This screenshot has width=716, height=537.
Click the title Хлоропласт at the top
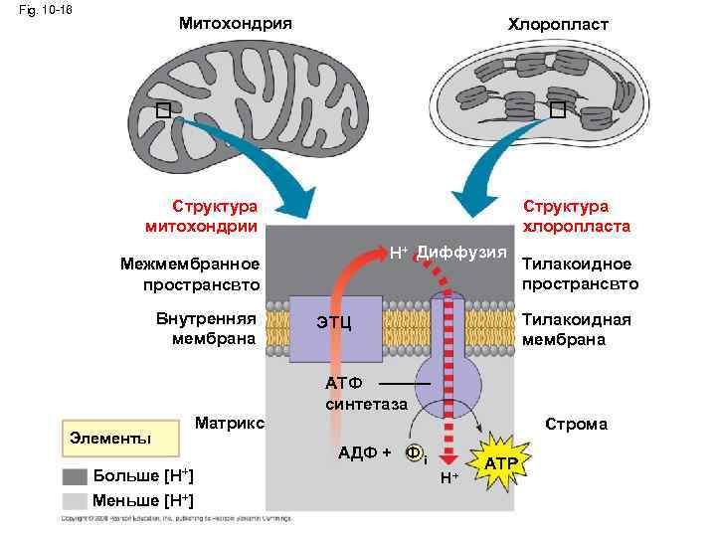[x=544, y=23]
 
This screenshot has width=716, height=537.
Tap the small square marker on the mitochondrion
[x=163, y=109]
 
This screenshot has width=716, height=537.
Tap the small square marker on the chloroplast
[x=557, y=108]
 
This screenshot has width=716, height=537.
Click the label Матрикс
[x=230, y=423]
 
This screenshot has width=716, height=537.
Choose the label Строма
[x=577, y=424]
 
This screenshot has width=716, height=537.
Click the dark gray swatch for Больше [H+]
[x=75, y=475]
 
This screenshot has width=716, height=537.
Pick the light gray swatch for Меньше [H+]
[x=75, y=499]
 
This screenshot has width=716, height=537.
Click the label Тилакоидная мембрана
[x=570, y=329]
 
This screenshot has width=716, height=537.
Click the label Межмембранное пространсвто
[x=189, y=274]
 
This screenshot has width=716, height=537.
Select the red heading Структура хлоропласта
[x=576, y=216]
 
